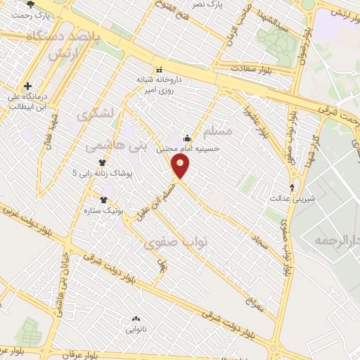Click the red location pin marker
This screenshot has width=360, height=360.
click(181, 167)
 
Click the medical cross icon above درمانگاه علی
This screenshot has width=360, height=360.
click(27, 84)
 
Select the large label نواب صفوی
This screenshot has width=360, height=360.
click(176, 243)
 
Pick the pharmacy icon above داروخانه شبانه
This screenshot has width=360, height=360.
click(159, 70)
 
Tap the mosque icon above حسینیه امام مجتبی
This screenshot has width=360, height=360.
click(187, 138)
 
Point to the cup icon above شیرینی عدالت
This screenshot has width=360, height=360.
click(293, 188)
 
